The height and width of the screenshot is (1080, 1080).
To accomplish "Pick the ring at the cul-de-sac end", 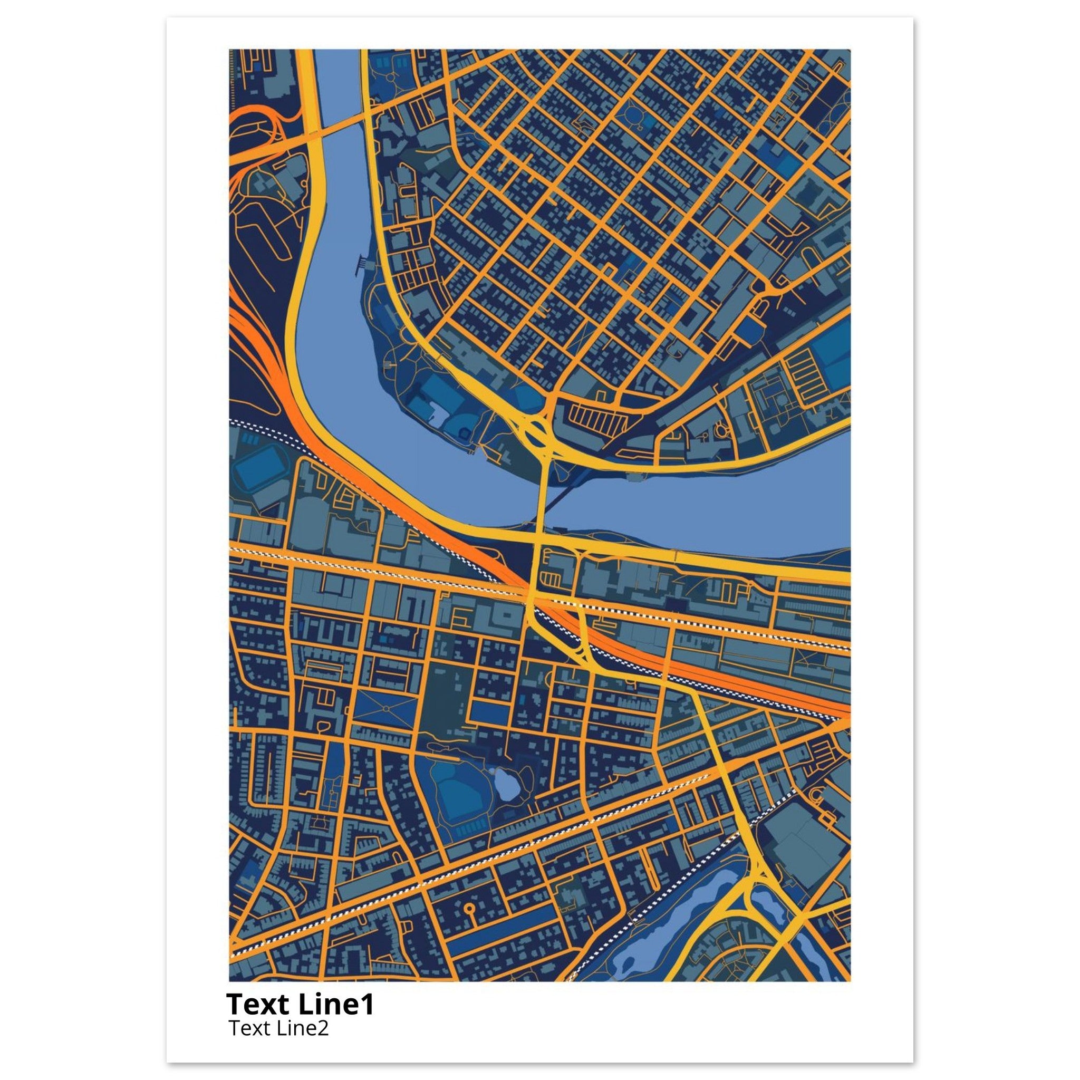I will [x=468, y=906].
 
